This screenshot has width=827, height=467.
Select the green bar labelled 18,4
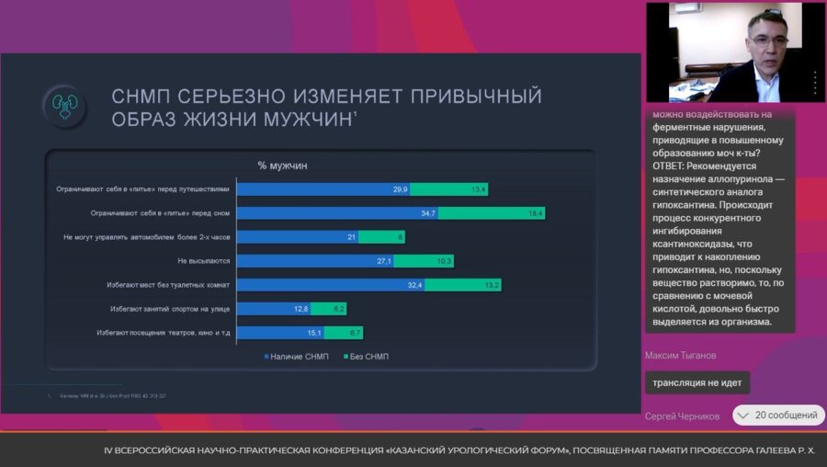(x=492, y=213)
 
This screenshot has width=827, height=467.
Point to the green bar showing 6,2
(x=328, y=309)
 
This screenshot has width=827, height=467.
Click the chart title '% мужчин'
(x=282, y=165)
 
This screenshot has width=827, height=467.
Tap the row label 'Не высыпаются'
(x=203, y=261)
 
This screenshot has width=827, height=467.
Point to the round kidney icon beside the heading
(x=63, y=105)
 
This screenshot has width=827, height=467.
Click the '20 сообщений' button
(x=778, y=416)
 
